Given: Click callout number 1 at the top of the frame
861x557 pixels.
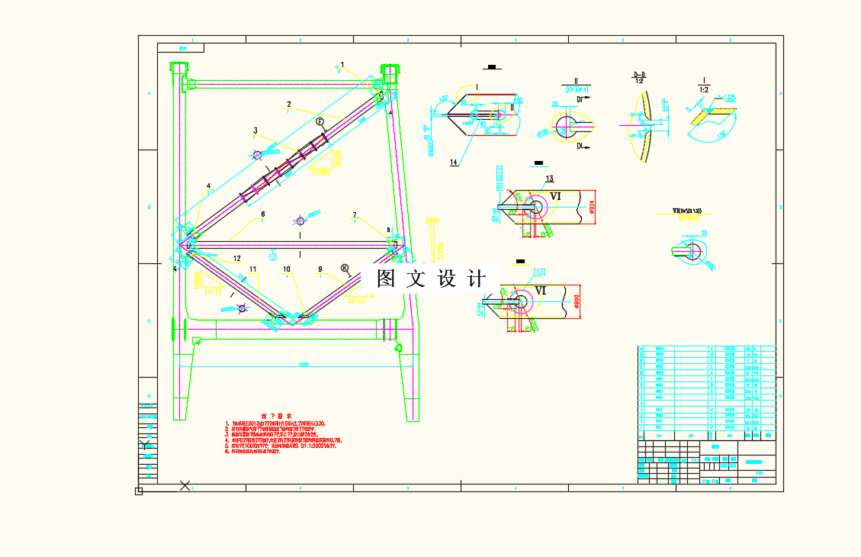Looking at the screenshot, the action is [342, 65].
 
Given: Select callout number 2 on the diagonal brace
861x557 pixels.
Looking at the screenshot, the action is [289, 104].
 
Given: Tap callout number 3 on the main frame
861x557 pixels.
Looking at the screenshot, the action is [256, 130].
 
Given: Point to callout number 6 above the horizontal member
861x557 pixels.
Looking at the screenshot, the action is [262, 214].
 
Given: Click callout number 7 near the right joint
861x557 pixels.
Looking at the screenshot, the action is [355, 215].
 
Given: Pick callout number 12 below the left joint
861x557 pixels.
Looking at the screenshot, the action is [237, 259].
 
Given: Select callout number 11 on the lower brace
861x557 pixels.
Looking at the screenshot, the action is [253, 269].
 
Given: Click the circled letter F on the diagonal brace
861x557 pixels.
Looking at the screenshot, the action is [320, 121].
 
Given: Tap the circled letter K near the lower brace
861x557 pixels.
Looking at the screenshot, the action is [345, 268].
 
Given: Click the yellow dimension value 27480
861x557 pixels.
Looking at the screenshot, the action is [320, 172].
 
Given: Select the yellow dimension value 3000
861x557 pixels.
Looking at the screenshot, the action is [432, 221].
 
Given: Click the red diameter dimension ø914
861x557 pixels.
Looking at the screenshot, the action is [593, 206].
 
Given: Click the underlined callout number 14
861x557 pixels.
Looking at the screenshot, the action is [454, 163].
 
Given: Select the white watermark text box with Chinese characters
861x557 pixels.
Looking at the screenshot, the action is [430, 278].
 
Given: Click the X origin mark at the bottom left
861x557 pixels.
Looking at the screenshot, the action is [185, 485].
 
